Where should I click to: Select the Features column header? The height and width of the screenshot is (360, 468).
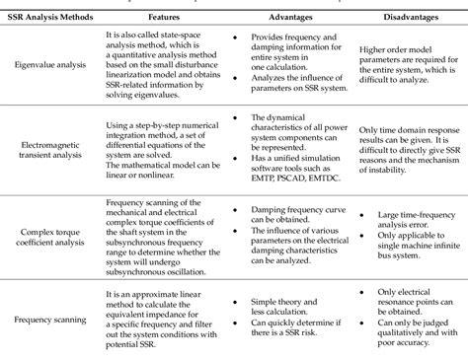pos(164,18)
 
